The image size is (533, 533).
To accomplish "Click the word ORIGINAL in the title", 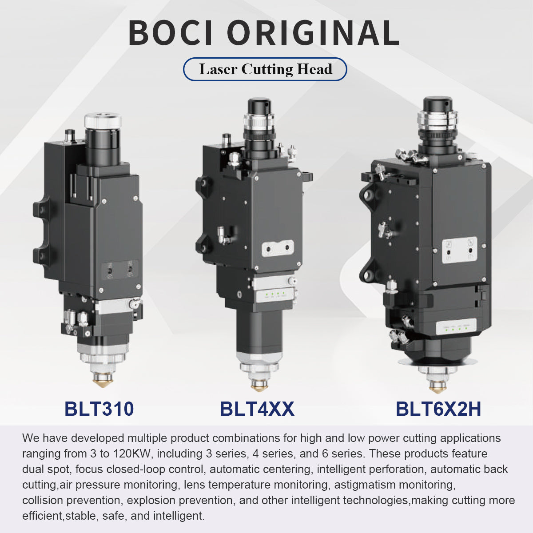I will tap(313, 33).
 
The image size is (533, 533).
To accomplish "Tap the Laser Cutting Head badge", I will tap(265, 69).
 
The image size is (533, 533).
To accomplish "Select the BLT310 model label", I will tap(99, 409).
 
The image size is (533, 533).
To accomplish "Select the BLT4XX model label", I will tap(257, 409).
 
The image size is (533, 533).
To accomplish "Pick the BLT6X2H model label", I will tap(438, 409).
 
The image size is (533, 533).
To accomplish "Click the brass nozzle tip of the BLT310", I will tap(102, 381).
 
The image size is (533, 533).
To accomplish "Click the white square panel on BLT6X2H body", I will tap(459, 250).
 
